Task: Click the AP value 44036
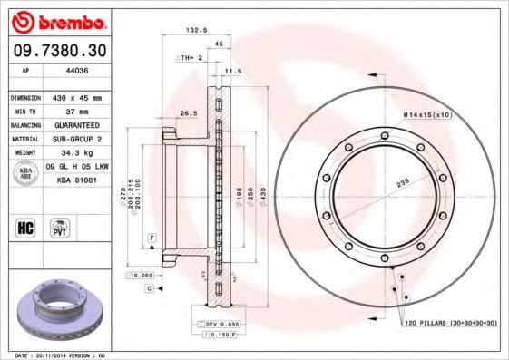pyautogui.click(x=65, y=70)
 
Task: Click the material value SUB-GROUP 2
pyautogui.click(x=77, y=139)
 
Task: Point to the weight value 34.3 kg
pyautogui.click(x=70, y=153)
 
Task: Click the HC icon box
pyautogui.click(x=25, y=227)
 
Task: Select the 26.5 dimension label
pyautogui.click(x=188, y=113)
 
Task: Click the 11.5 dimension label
pyautogui.click(x=232, y=70)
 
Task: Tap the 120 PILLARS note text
pyautogui.click(x=448, y=322)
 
